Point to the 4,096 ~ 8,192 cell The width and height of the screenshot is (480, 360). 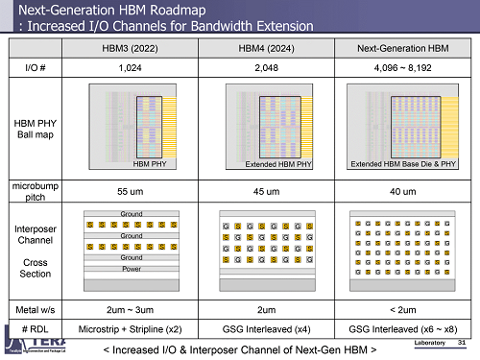(403, 68)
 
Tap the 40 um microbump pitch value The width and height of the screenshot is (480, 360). (403, 191)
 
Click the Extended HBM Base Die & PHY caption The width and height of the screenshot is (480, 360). (403, 165)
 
